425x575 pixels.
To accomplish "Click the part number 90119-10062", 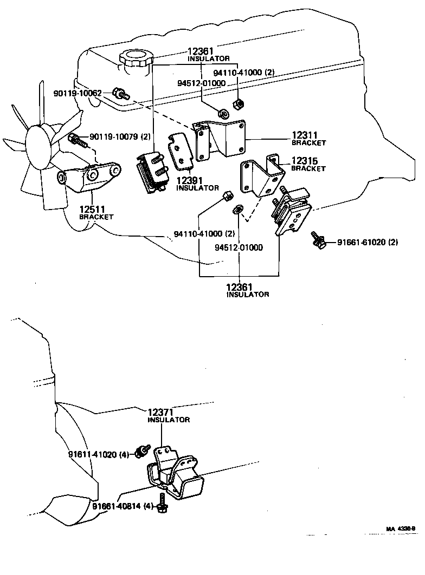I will click(77, 94).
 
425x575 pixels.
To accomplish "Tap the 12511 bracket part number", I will click(94, 209).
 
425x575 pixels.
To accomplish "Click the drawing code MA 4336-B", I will click(400, 528).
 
